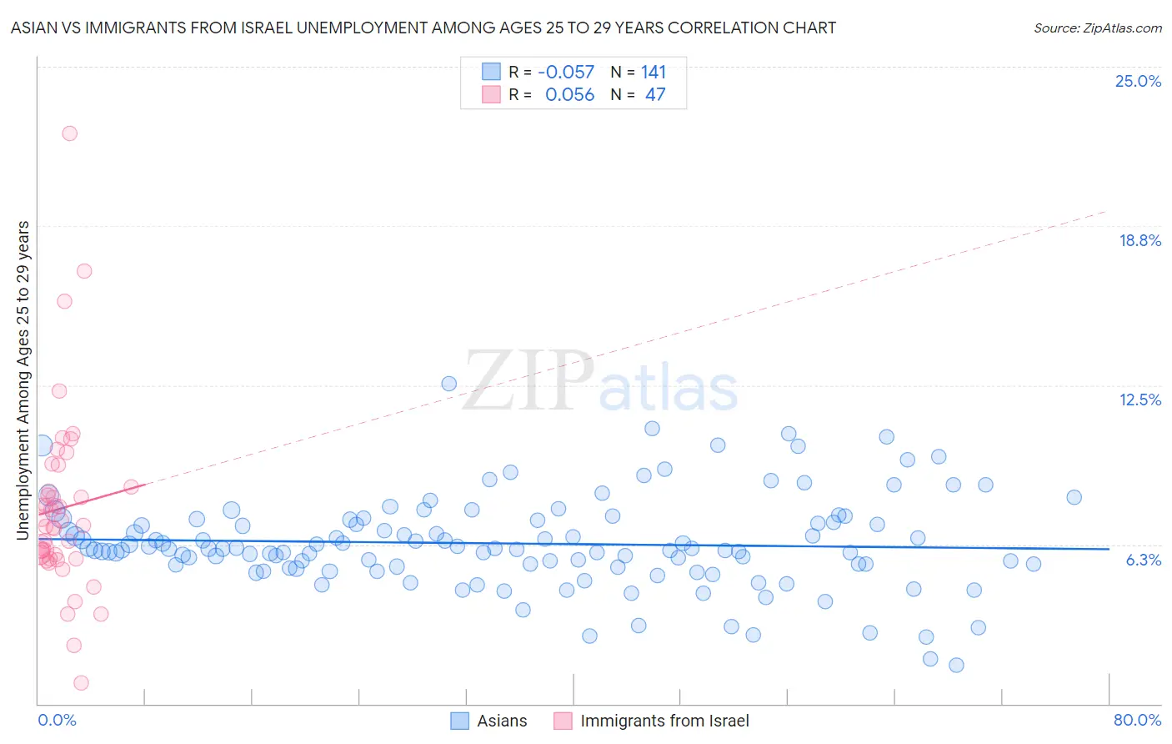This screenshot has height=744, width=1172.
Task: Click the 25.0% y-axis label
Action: (x=1138, y=81)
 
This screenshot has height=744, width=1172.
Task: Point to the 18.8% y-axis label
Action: (x=1139, y=240)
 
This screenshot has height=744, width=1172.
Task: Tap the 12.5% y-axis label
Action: (x=1139, y=400)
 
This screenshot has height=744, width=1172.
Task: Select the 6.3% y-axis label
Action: (x=1143, y=560)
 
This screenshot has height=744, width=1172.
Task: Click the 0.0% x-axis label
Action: (x=57, y=720)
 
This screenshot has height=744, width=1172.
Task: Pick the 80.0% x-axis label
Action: (x=1137, y=720)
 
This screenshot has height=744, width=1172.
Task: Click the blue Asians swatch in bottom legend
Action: (x=460, y=721)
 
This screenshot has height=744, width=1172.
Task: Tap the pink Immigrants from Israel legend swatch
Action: (x=563, y=721)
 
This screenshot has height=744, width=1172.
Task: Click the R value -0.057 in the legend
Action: (x=566, y=73)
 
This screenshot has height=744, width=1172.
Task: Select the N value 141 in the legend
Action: (x=654, y=73)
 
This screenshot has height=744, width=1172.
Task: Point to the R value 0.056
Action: (x=569, y=95)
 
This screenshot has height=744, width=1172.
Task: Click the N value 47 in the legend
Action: (x=655, y=95)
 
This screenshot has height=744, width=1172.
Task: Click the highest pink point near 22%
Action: (x=70, y=133)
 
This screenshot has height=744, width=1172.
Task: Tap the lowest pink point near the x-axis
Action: (x=81, y=683)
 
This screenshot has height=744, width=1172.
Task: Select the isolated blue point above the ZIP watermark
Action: (x=448, y=384)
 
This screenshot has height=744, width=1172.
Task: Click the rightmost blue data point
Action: (x=1074, y=497)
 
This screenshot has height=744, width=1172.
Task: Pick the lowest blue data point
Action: (x=956, y=665)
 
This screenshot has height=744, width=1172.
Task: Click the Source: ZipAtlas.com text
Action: (x=1097, y=28)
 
